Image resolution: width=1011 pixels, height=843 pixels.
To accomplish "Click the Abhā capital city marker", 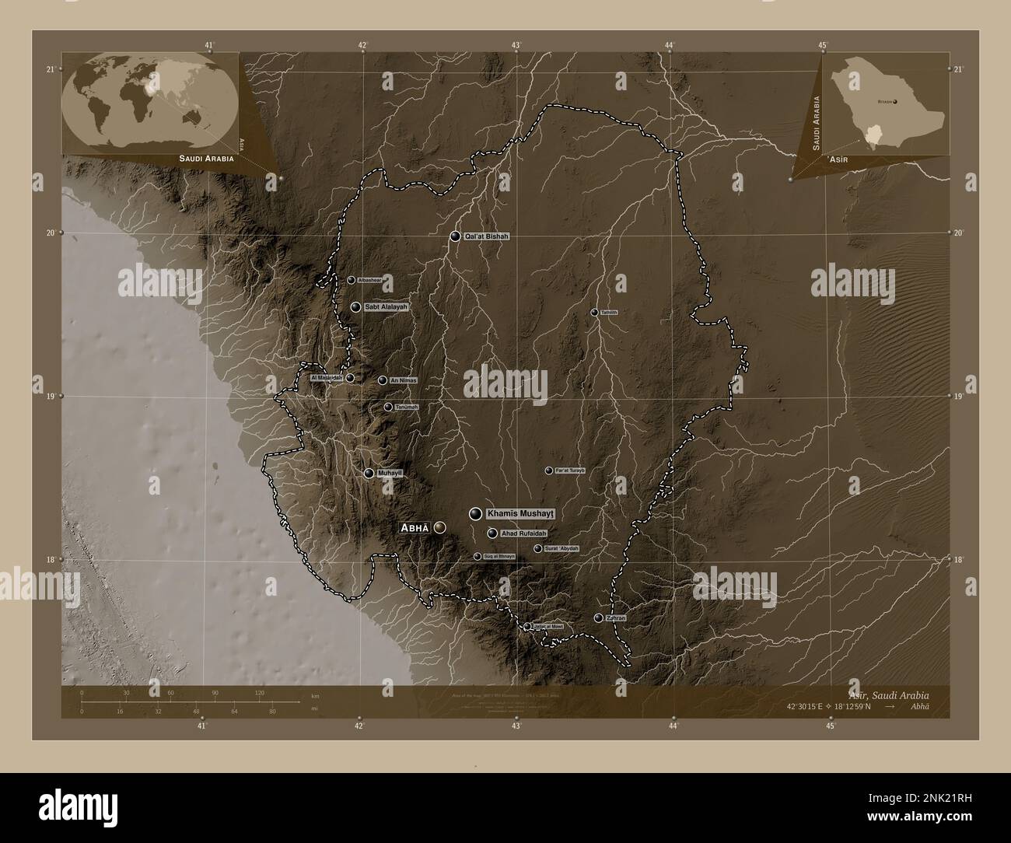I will point(441,527).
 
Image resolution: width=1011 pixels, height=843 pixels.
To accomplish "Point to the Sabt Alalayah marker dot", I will point(355,307).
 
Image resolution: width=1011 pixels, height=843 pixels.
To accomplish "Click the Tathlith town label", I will point(609,313).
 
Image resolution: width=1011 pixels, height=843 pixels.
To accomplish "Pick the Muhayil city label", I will point(388,473).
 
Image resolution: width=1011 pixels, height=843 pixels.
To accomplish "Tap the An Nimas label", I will point(404,380).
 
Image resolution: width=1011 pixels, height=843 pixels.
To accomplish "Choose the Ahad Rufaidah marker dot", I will point(492,533).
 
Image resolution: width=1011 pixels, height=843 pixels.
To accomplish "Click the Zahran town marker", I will point(598,618).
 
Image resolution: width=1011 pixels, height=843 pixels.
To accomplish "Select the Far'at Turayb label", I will point(569,470).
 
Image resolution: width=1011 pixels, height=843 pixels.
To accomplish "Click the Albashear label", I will point(370,280).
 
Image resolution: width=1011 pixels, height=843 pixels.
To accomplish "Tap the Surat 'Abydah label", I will point(561,549).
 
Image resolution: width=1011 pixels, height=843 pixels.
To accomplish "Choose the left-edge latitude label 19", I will point(51,397).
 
